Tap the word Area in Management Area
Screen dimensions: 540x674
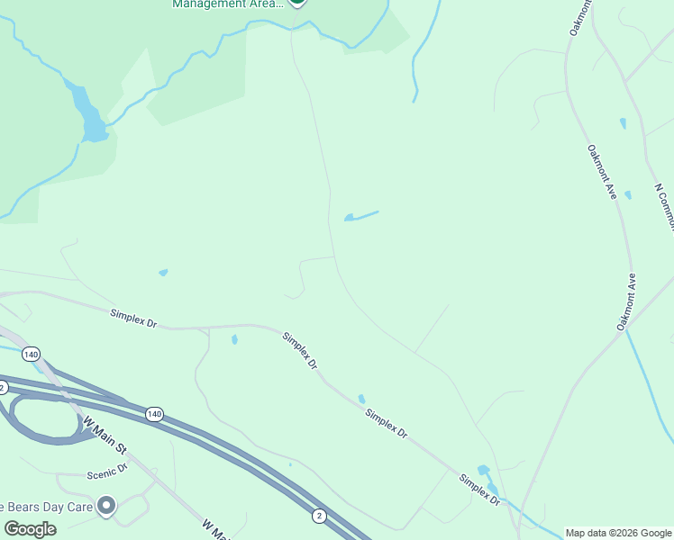265,4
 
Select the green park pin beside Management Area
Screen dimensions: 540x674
297,3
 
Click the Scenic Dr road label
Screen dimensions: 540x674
108,470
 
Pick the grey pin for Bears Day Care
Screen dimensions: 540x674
107,507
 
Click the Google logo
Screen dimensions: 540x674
30,529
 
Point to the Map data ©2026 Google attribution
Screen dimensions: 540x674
619,533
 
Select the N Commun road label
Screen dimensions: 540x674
664,208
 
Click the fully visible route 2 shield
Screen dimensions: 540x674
319,515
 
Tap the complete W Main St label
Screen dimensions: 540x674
106,436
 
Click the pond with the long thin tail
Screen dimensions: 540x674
360,216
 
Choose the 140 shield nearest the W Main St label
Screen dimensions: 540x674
154,414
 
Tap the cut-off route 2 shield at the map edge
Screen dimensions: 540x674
4,387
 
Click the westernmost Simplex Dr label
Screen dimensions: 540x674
133,318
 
